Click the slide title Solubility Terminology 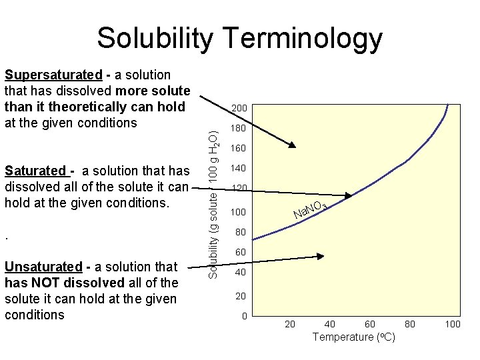[239, 38]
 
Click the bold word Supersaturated [53, 75]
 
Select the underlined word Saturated [35, 171]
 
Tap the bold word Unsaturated [44, 267]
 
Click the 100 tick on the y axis [238, 212]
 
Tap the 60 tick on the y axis [240, 253]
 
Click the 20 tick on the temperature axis [290, 324]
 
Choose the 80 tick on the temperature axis [411, 324]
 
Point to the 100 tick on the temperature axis [453, 324]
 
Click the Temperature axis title [353, 337]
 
